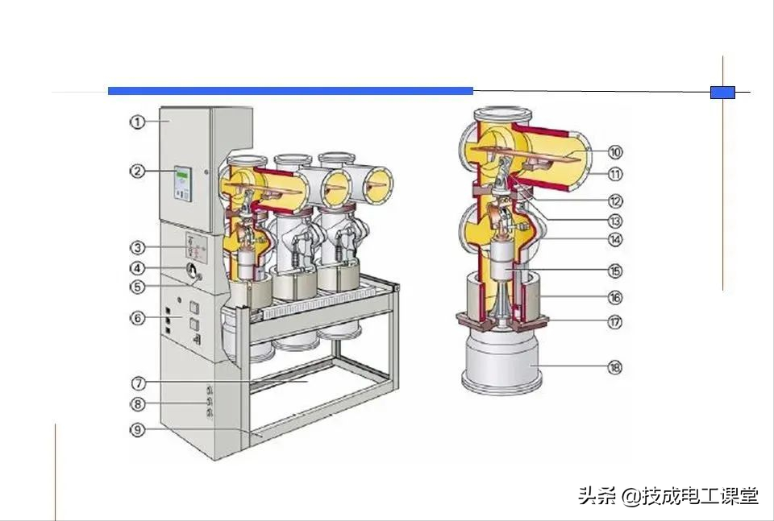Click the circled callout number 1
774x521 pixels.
(137, 122)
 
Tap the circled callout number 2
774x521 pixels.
(137, 171)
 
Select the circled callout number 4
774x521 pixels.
(137, 268)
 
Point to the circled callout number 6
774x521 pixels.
(137, 317)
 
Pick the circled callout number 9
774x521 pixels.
(137, 429)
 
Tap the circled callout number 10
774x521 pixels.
(615, 151)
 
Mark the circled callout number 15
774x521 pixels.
(615, 271)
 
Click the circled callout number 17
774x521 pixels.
(615, 321)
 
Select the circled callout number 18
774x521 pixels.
(615, 367)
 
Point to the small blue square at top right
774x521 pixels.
(722, 92)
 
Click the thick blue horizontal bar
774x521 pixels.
(290, 91)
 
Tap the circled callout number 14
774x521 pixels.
(615, 239)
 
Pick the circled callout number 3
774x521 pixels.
(137, 246)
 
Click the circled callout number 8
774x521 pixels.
(137, 403)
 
